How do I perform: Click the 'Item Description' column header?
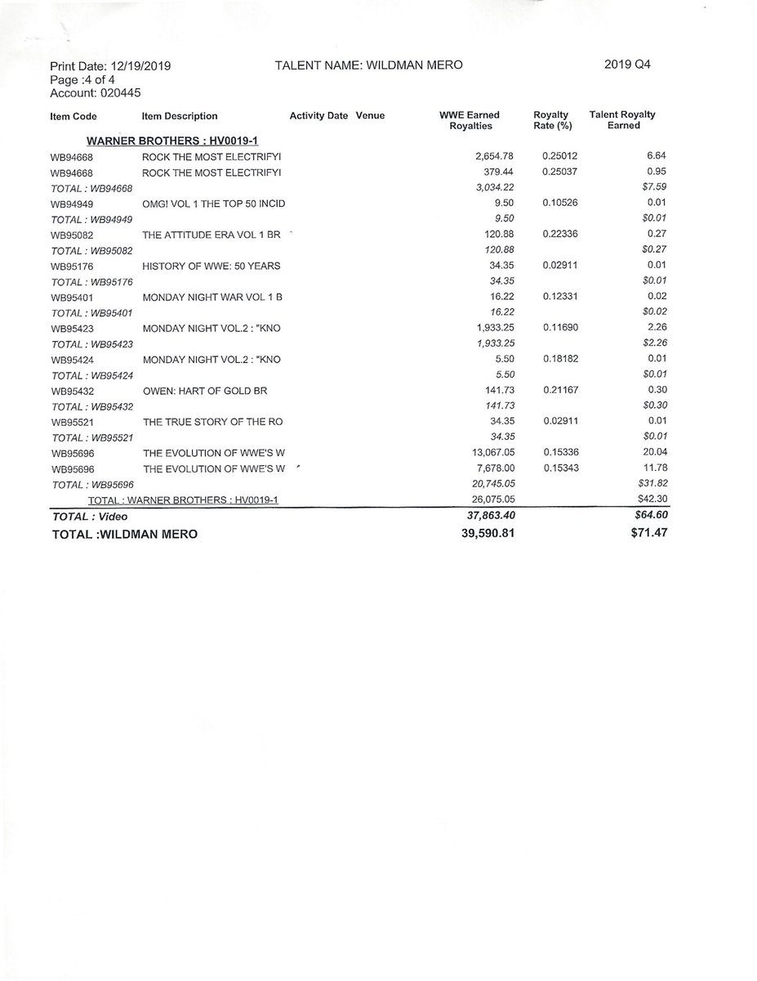tap(180, 116)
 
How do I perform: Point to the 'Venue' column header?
tap(370, 116)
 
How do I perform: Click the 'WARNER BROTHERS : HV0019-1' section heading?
tap(161, 141)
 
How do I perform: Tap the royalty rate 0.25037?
tap(560, 172)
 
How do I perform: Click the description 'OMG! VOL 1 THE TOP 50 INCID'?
tap(213, 203)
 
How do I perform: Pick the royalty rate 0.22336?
tap(560, 234)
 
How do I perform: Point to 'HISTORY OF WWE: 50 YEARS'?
tap(211, 265)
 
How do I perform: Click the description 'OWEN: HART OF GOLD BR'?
tap(205, 392)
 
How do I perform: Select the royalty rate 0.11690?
tap(560, 328)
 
